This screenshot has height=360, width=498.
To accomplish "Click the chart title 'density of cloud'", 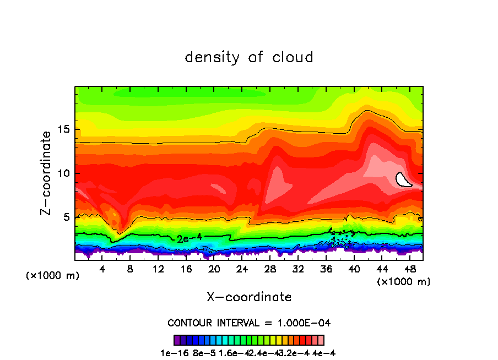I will [249, 57].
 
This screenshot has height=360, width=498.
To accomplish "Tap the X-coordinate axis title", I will [249, 297].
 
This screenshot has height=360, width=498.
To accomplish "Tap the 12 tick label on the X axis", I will [158, 269].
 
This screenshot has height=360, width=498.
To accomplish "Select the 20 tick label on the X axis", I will [214, 269].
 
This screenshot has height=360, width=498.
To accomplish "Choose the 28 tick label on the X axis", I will [270, 269].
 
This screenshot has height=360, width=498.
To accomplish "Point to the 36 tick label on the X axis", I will [326, 269].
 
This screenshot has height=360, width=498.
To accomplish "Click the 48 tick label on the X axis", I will [409, 269].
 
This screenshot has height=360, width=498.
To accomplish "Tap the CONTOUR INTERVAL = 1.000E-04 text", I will [249, 322].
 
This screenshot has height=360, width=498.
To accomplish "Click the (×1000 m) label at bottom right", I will [404, 281].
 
